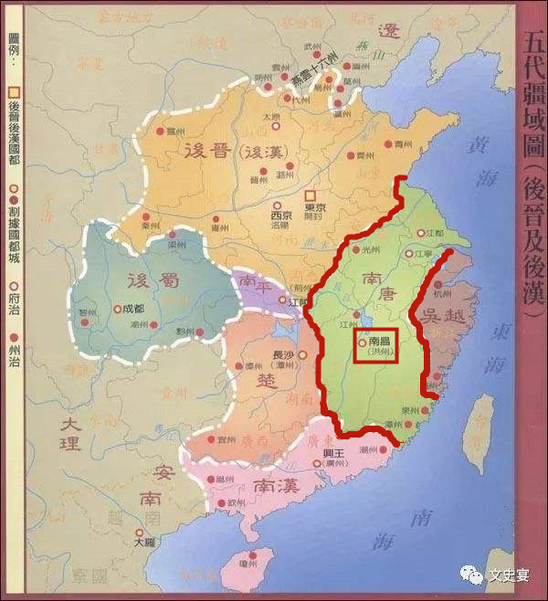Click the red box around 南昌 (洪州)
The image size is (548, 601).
pos(374,345)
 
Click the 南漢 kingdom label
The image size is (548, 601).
pos(275,484)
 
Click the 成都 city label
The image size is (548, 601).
pos(133,309)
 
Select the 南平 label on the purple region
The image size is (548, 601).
pos(249,284)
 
